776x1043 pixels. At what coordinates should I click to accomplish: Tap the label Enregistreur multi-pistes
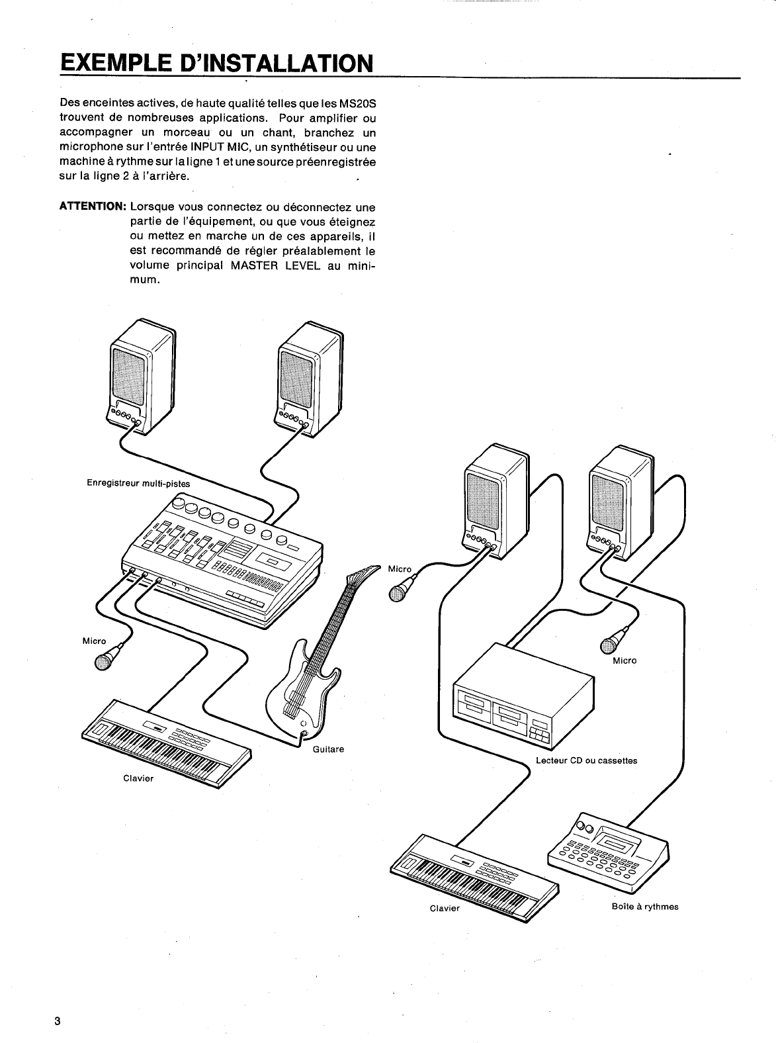coord(138,483)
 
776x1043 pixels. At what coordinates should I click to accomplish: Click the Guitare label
coord(327,749)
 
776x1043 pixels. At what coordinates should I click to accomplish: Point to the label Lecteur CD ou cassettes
coord(586,760)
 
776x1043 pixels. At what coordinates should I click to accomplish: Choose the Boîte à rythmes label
coord(645,906)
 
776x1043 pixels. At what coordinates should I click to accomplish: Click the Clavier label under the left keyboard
coord(138,778)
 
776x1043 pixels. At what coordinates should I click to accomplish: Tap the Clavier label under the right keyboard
coord(445,908)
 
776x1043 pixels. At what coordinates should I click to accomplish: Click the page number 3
coord(58,1020)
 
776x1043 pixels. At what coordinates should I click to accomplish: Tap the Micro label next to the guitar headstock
coord(400,569)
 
